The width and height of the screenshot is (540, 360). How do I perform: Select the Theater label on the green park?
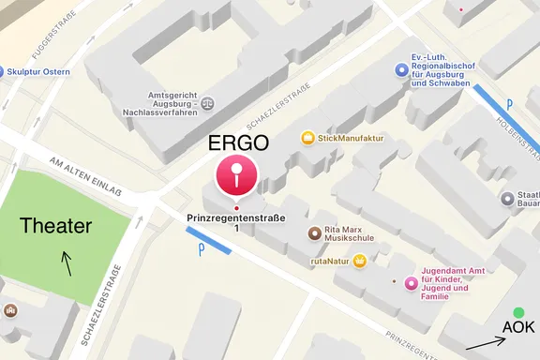[56, 226]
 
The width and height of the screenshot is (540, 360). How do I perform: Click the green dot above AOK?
[518, 312]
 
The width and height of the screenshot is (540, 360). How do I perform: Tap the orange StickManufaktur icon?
[307, 138]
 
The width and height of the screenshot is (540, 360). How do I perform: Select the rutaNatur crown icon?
[359, 261]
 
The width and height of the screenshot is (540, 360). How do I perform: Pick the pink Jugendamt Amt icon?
[410, 283]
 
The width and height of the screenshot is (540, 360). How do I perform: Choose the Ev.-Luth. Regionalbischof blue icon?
[400, 68]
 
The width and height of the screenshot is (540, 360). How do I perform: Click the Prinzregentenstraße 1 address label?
[237, 224]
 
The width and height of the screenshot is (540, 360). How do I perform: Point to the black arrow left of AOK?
[484, 342]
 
